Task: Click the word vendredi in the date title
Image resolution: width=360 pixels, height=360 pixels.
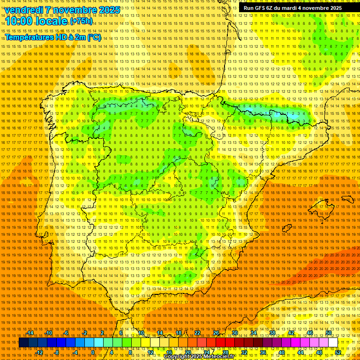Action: pyautogui.click(x=23, y=10)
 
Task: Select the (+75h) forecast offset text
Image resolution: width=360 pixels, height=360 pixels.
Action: pyautogui.click(x=81, y=21)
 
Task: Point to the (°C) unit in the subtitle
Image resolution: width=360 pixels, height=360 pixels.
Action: pyautogui.click(x=94, y=37)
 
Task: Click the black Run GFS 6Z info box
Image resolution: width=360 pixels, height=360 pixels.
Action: pyautogui.click(x=299, y=8)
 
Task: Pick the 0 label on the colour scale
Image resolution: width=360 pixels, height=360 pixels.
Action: pyautogui.click(x=93, y=352)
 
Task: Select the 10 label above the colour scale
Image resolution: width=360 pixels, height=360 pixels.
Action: pyautogui.click(x=141, y=333)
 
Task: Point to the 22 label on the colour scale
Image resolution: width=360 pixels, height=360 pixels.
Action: pyautogui.click(x=197, y=333)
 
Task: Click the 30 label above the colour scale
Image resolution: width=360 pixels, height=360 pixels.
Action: pyautogui.click(x=234, y=333)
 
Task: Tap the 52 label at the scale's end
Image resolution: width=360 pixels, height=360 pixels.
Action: pyautogui.click(x=338, y=352)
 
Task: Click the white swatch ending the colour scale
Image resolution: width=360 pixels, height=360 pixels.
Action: pyautogui.click(x=333, y=343)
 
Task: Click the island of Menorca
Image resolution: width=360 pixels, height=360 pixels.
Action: pyautogui.click(x=347, y=199)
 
